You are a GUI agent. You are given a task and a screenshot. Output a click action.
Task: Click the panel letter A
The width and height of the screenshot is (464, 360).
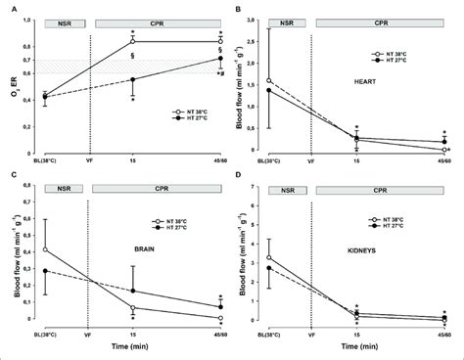[x=6, y=6]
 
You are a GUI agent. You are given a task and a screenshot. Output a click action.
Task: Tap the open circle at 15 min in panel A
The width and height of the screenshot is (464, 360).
[x=133, y=41]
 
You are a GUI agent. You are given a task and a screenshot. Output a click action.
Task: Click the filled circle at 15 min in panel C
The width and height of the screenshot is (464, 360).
[x=133, y=291]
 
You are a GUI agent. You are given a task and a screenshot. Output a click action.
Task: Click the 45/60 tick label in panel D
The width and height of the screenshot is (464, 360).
[x=443, y=335]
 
